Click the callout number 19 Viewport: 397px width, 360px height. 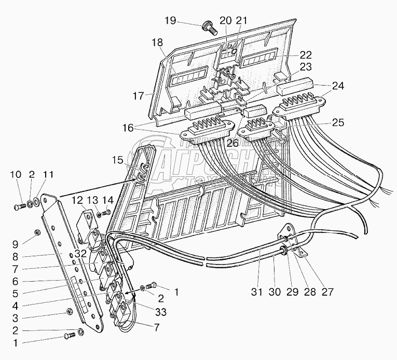(171, 21)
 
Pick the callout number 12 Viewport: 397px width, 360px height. (77, 201)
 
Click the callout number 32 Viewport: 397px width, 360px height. (80, 254)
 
